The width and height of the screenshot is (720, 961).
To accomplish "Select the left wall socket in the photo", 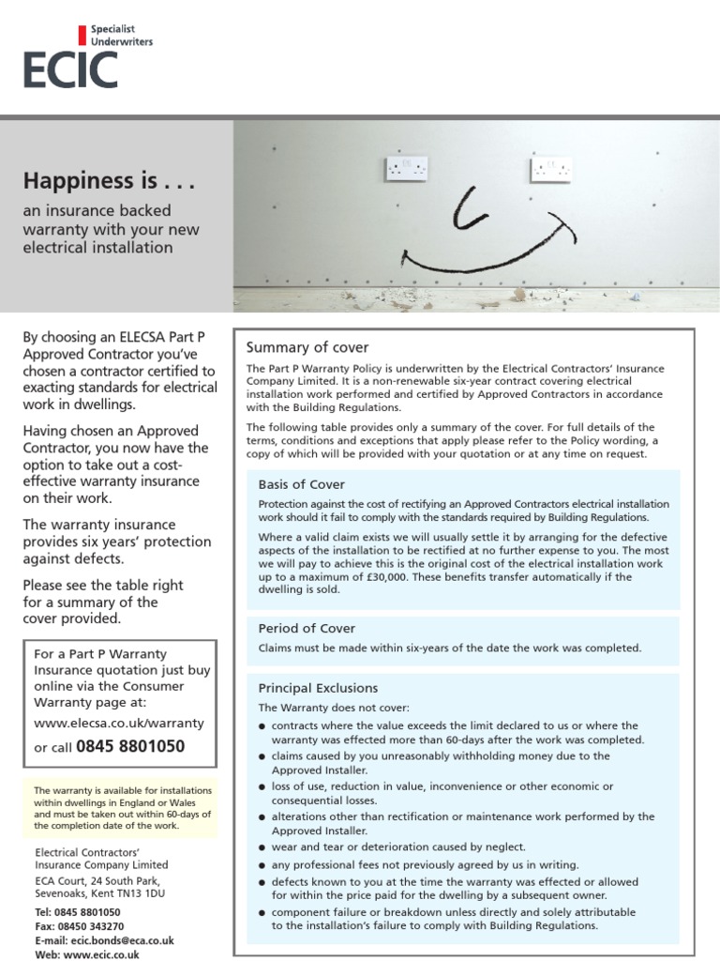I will [406, 169].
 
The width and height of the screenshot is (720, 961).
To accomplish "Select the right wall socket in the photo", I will [550, 170].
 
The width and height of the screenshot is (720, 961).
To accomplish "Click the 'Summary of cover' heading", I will [307, 347].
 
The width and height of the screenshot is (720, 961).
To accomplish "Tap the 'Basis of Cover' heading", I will [302, 484].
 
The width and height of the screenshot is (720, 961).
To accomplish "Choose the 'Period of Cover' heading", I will [307, 628].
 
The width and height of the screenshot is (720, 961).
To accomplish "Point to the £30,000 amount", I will [373, 576].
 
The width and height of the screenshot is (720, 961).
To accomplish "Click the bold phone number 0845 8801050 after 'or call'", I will [130, 747].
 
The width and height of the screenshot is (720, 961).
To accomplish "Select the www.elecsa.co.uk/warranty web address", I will [118, 724].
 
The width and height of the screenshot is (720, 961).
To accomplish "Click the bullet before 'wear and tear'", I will [262, 847].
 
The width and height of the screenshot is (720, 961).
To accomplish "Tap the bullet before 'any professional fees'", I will [262, 865].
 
